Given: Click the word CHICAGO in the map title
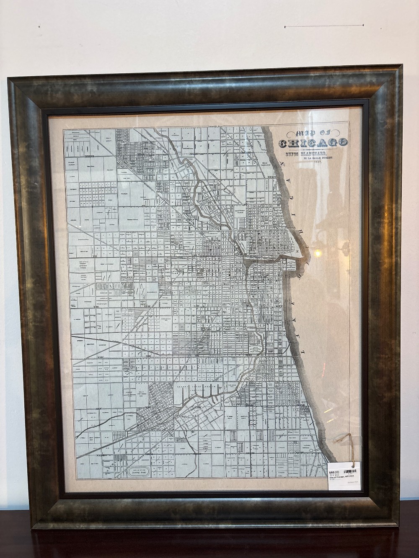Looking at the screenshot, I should pyautogui.click(x=308, y=144).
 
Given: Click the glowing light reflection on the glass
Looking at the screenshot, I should pyautogui.click(x=318, y=253).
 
